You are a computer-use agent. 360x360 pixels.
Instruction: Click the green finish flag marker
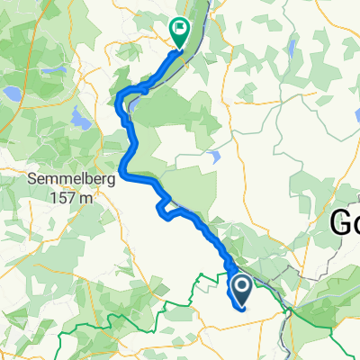179,33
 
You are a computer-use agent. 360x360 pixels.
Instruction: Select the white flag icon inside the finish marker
180,28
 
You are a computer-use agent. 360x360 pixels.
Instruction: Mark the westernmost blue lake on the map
11,93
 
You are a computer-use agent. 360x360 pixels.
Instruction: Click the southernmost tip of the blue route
242,309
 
